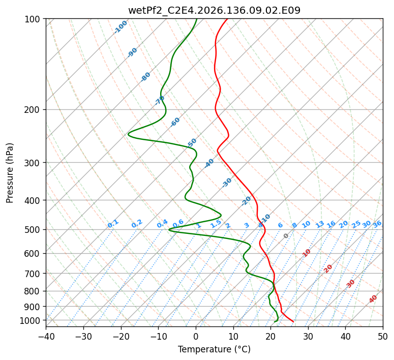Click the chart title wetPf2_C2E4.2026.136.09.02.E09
215,10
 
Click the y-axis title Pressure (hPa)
10,173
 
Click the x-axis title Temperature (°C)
215,349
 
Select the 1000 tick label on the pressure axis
32,320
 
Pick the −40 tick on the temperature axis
46,336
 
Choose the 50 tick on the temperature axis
383,336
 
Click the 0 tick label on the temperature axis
196,336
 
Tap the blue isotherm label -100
120,27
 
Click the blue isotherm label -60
175,122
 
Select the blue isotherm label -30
227,183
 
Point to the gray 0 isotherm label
286,236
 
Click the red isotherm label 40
373,299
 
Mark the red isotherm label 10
306,253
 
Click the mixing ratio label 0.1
113,224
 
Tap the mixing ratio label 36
377,224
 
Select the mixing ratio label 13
320,225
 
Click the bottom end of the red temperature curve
293,322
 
